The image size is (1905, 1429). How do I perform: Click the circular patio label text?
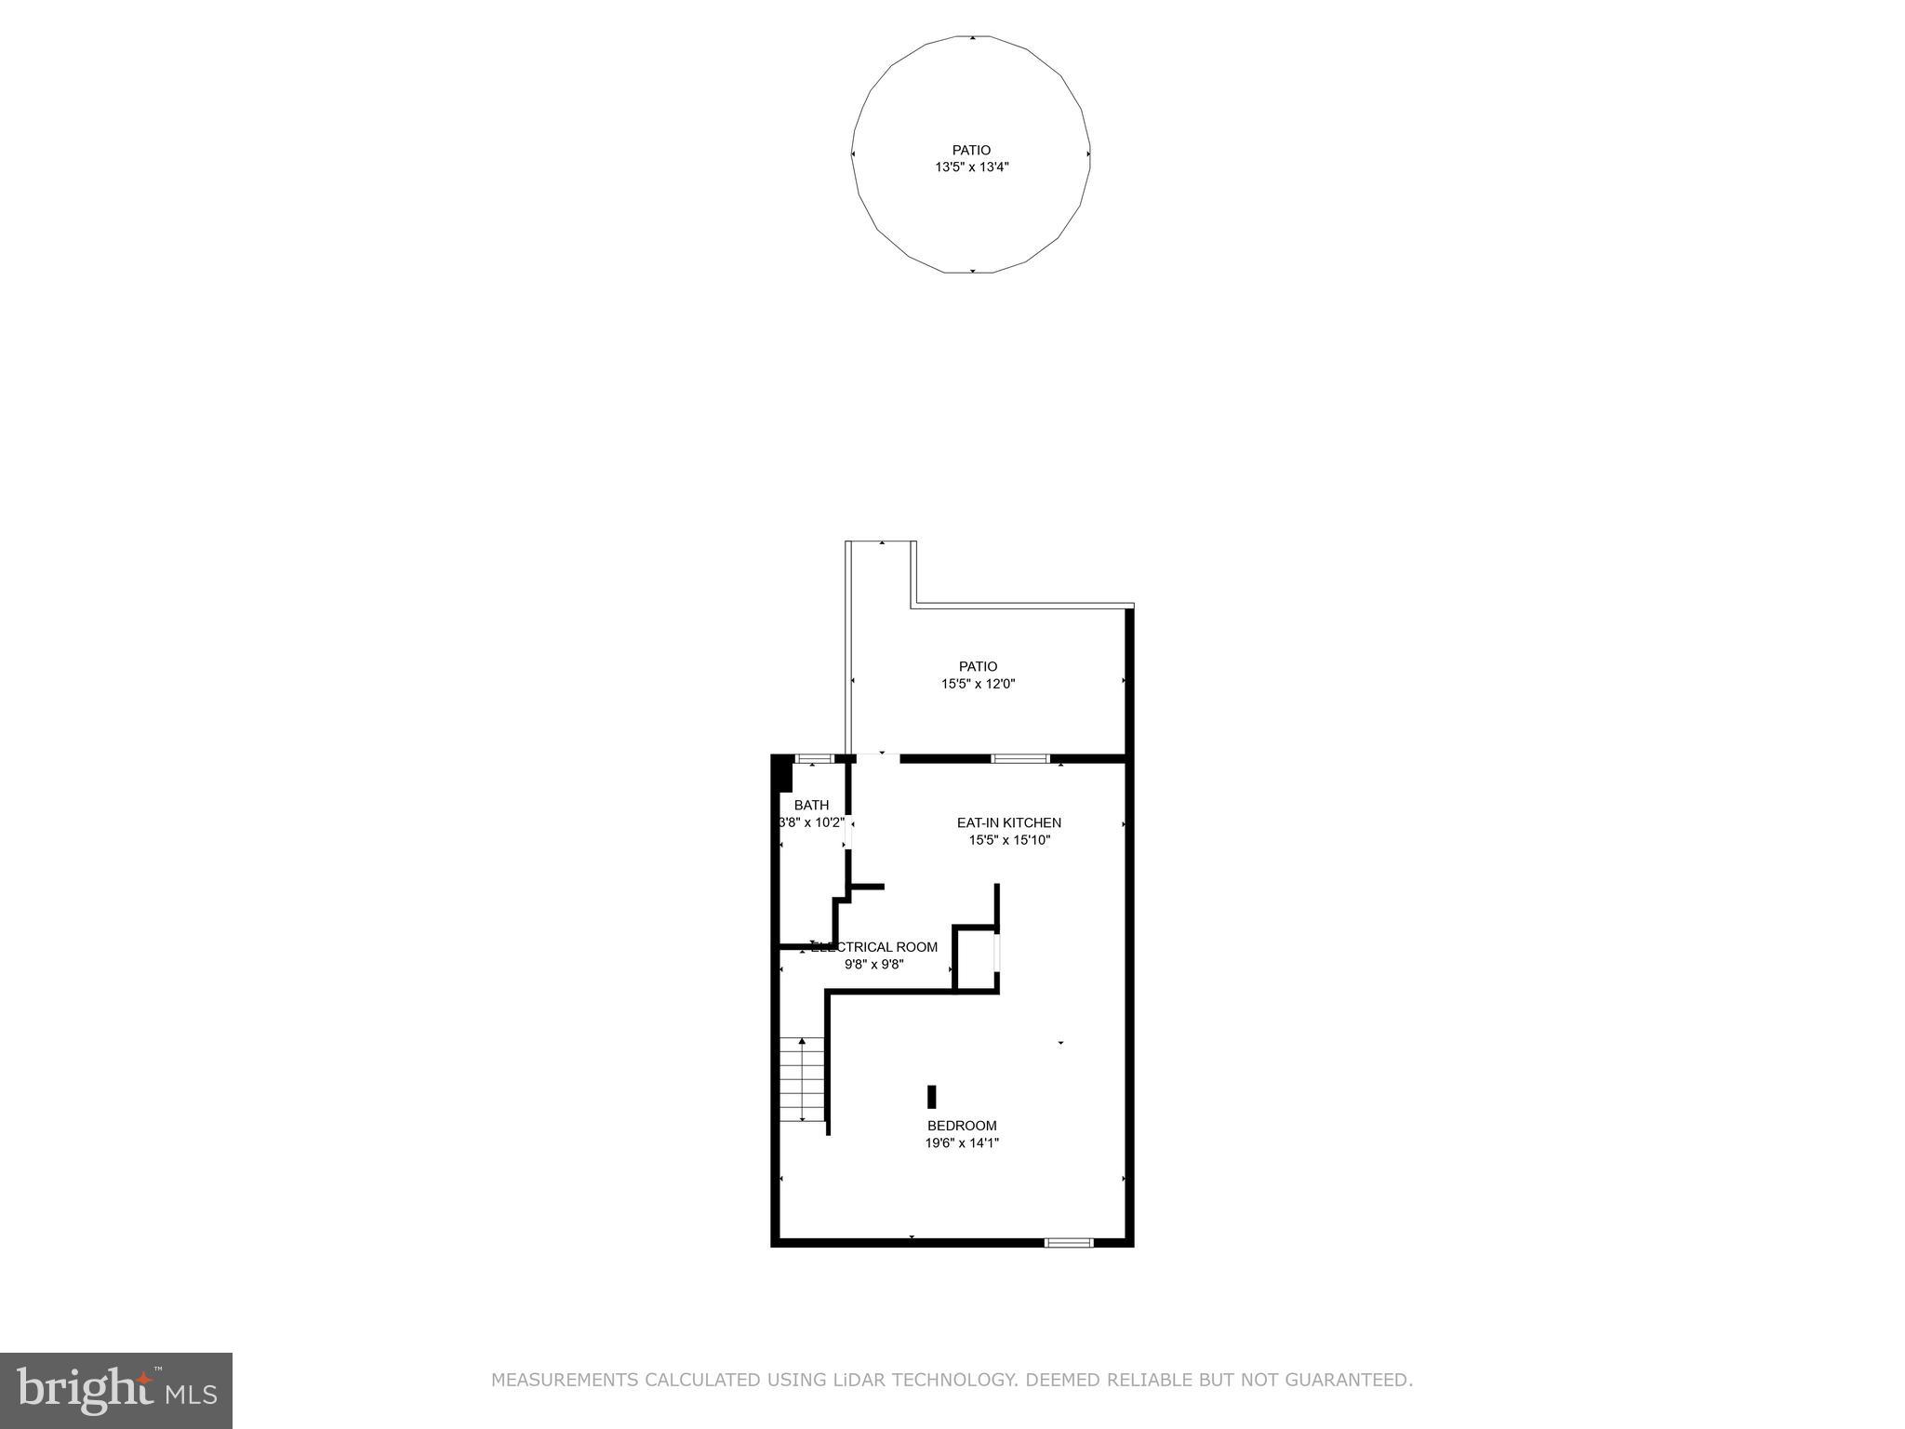[971, 150]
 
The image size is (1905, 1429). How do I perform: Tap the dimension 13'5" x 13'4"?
[972, 167]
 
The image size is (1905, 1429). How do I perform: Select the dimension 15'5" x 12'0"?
[978, 684]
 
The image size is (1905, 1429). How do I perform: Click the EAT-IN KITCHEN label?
[1008, 822]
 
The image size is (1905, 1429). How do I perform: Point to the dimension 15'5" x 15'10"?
[1009, 840]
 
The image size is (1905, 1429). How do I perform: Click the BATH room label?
[811, 805]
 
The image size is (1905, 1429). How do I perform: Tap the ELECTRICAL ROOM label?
[874, 947]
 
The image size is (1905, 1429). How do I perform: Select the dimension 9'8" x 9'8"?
[874, 965]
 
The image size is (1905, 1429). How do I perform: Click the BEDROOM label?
[962, 1126]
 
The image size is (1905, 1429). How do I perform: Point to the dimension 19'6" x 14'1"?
[962, 1143]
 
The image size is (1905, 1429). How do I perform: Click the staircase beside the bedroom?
[802, 1079]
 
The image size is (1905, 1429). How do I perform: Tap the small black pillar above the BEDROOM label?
[931, 1097]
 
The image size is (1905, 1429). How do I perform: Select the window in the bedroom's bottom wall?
[1068, 1242]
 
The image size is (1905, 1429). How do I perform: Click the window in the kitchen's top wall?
[1019, 759]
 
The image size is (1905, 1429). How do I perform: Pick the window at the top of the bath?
[814, 759]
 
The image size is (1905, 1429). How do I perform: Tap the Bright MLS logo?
[116, 1391]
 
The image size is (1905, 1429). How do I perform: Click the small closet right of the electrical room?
[976, 960]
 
